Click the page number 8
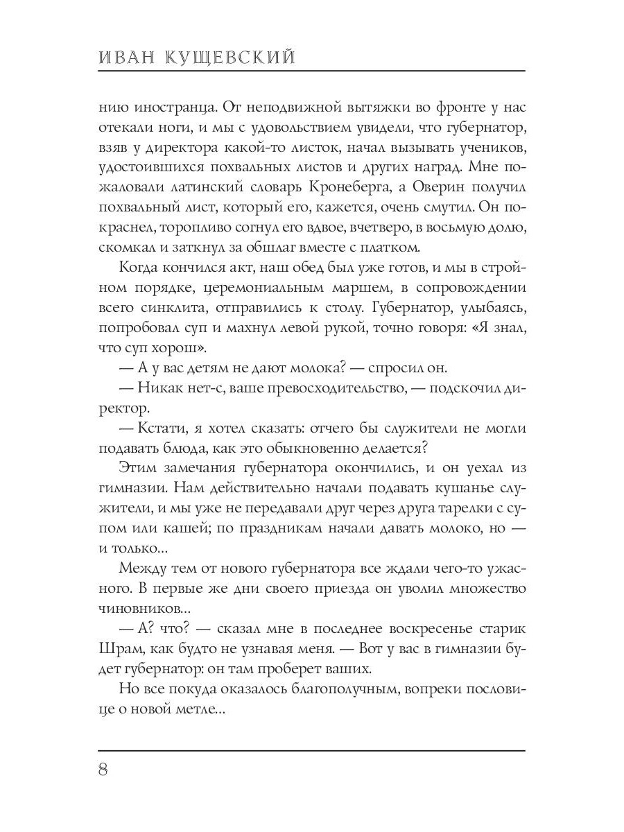coord(104,770)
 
